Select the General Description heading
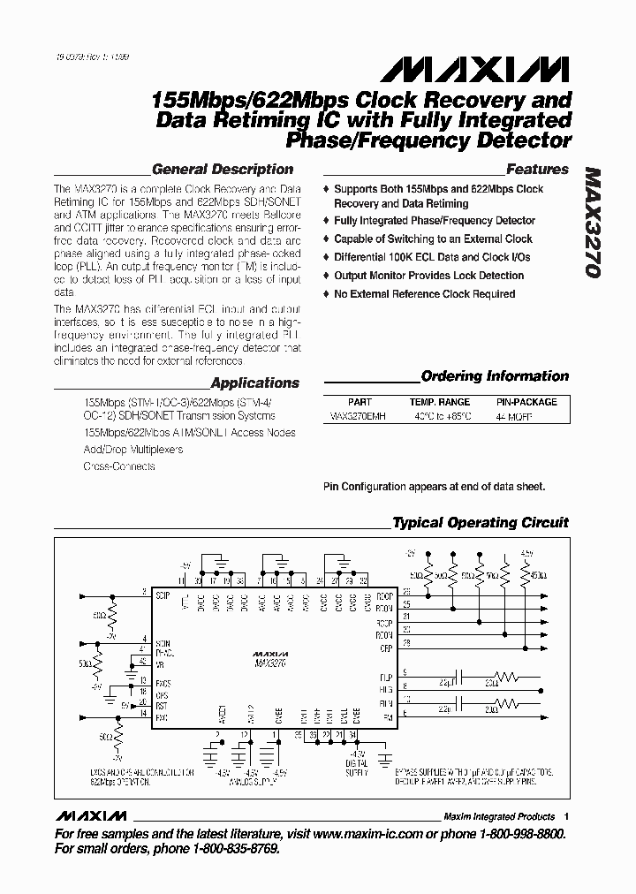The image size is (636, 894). (x=222, y=169)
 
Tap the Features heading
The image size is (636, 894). (x=536, y=169)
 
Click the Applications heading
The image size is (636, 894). (x=254, y=383)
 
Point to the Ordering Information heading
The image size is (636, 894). (x=495, y=375)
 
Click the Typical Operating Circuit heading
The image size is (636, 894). (x=480, y=522)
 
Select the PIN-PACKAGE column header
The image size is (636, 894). (x=526, y=401)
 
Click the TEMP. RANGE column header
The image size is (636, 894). (x=439, y=401)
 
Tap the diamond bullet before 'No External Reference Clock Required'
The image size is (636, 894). (x=327, y=294)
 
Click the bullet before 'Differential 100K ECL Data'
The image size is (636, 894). (x=327, y=257)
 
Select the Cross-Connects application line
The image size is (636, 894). (x=118, y=466)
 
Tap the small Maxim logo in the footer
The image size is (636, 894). (x=90, y=815)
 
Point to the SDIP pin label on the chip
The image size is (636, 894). (x=163, y=595)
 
